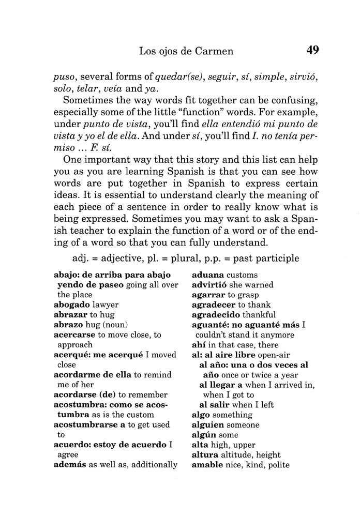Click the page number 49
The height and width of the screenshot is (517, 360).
tap(312, 50)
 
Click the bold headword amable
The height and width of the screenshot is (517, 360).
tap(207, 465)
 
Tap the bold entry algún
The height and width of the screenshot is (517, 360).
tap(204, 435)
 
